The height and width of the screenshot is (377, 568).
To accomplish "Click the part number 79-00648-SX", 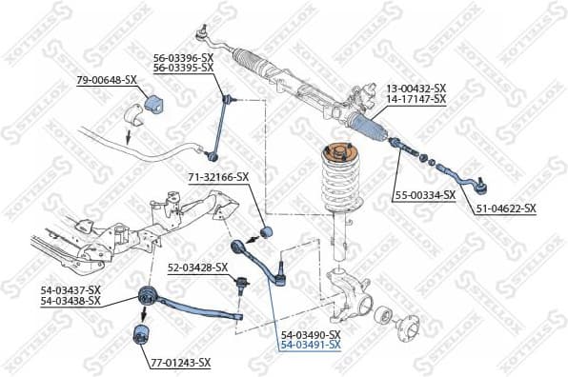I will (x=106, y=80).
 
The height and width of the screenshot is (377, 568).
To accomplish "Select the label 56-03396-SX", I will (x=183, y=57).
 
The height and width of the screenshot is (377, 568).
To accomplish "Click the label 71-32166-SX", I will (x=218, y=176).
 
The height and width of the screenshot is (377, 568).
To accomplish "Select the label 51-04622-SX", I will (x=505, y=208).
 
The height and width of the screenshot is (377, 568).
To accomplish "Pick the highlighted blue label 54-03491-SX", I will (x=310, y=346).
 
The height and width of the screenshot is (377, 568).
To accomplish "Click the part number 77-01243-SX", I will (x=180, y=363).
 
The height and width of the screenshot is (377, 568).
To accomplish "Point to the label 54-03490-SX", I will (x=310, y=335).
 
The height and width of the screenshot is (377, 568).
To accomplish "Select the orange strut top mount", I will (x=336, y=150).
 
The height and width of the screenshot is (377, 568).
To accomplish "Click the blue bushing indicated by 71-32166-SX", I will (x=268, y=231).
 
